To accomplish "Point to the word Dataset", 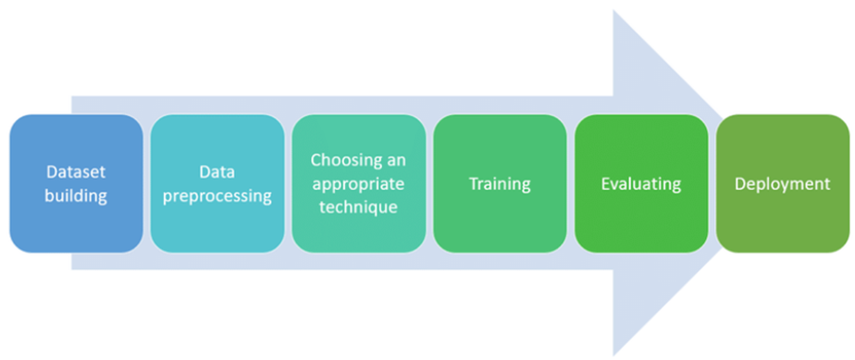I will [x=77, y=172].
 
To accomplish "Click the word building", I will [x=77, y=195].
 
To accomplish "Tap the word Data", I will [x=217, y=172].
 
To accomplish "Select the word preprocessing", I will [x=217, y=196].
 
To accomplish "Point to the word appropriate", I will [x=359, y=183].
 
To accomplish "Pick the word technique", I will [x=359, y=206].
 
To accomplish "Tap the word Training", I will [x=500, y=183].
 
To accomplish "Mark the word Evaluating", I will [x=641, y=183].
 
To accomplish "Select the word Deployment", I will [x=782, y=183].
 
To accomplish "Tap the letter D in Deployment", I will [x=740, y=183].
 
